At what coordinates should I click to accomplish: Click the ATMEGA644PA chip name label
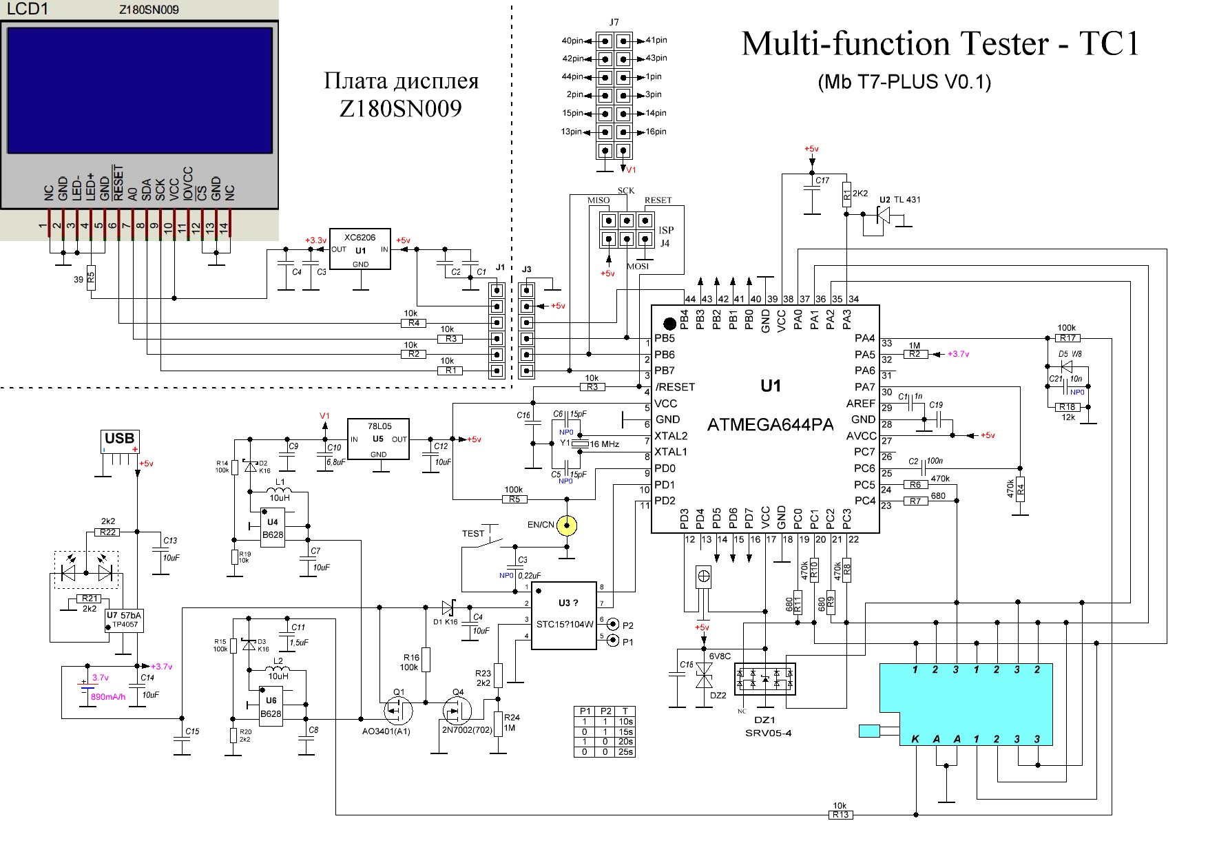(x=770, y=425)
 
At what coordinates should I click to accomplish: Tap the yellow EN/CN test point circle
(x=567, y=526)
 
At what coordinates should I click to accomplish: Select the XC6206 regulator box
(x=360, y=249)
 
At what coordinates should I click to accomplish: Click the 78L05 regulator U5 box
(x=378, y=439)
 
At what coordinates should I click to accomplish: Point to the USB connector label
(x=119, y=439)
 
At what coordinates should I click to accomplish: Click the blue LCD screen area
(x=140, y=90)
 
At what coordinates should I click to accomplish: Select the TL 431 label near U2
(x=906, y=200)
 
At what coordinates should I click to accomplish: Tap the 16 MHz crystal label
(x=605, y=444)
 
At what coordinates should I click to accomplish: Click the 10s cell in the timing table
(x=625, y=721)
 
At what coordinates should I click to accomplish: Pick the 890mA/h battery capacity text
(x=109, y=697)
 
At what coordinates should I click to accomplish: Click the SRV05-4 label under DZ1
(x=768, y=733)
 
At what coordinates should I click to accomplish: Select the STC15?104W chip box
(x=565, y=616)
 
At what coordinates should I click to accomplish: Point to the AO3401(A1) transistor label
(x=386, y=731)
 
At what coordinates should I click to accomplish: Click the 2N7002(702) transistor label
(x=467, y=730)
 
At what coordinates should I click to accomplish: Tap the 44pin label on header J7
(x=572, y=76)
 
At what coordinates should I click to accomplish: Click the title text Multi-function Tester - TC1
(x=941, y=43)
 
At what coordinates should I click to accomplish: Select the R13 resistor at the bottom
(x=840, y=815)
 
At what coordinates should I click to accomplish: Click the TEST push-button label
(x=473, y=534)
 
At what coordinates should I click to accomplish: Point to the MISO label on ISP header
(x=598, y=200)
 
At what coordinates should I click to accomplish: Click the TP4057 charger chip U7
(x=124, y=621)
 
